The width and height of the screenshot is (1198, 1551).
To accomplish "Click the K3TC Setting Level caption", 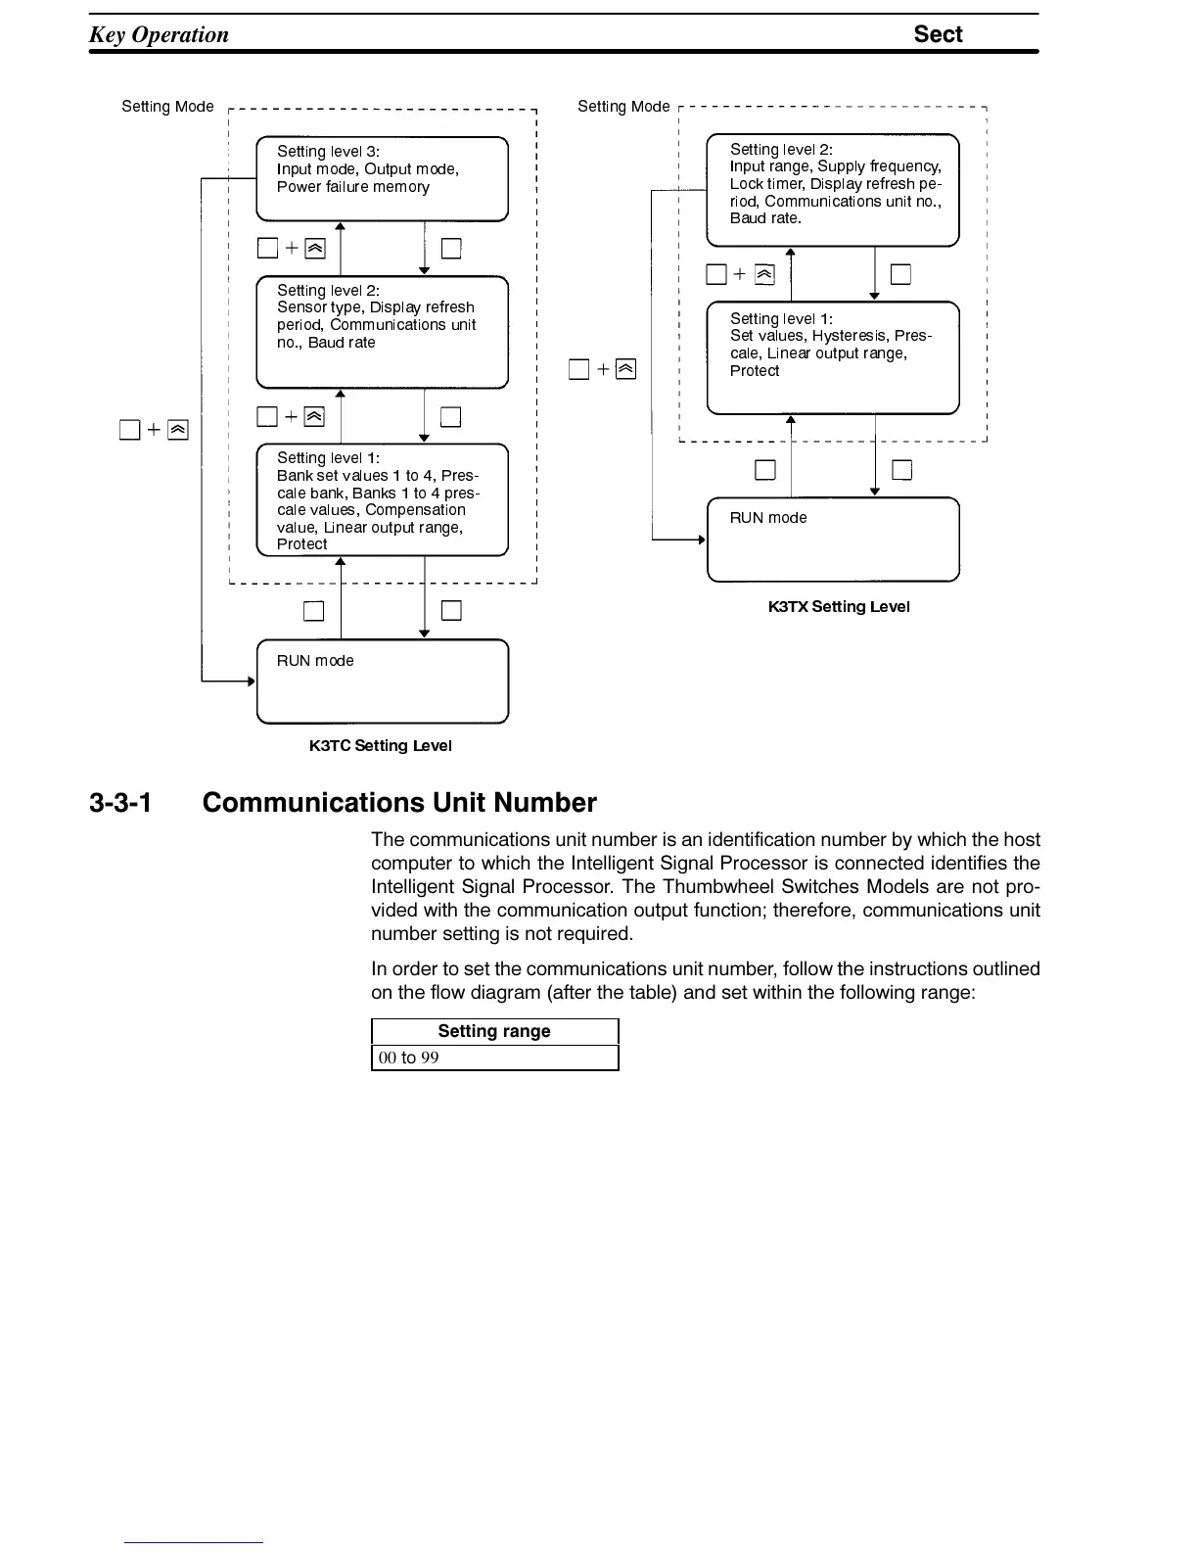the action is [381, 745].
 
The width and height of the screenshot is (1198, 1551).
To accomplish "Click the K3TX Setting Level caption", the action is [839, 607].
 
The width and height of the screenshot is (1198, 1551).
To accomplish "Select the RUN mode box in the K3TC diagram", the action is [383, 681].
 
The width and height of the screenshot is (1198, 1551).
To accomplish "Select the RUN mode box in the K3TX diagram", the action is [833, 540].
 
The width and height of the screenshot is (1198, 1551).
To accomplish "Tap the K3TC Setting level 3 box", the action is [383, 178].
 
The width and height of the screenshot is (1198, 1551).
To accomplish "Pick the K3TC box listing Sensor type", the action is [383, 332].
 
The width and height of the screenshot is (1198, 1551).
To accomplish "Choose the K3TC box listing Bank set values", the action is [383, 499].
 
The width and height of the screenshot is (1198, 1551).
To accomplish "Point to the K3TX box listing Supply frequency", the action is [833, 190].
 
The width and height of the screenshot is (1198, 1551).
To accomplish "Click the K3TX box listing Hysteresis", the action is [833, 357].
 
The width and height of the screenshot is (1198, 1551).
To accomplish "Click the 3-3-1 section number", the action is [120, 802].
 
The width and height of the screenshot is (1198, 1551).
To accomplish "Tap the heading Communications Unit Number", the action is [399, 802].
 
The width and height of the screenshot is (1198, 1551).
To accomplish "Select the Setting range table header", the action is [494, 1031].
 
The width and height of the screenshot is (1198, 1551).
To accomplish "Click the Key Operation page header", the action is [159, 34].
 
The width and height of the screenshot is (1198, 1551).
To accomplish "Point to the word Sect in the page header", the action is [939, 33].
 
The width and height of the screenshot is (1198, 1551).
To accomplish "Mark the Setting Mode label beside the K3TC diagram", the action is [167, 107].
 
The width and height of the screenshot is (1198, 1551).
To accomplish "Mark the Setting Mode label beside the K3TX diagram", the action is [623, 107].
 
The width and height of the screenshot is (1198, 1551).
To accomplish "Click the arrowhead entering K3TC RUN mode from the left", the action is [252, 681].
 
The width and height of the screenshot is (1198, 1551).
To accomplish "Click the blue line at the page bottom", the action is [194, 1542].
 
